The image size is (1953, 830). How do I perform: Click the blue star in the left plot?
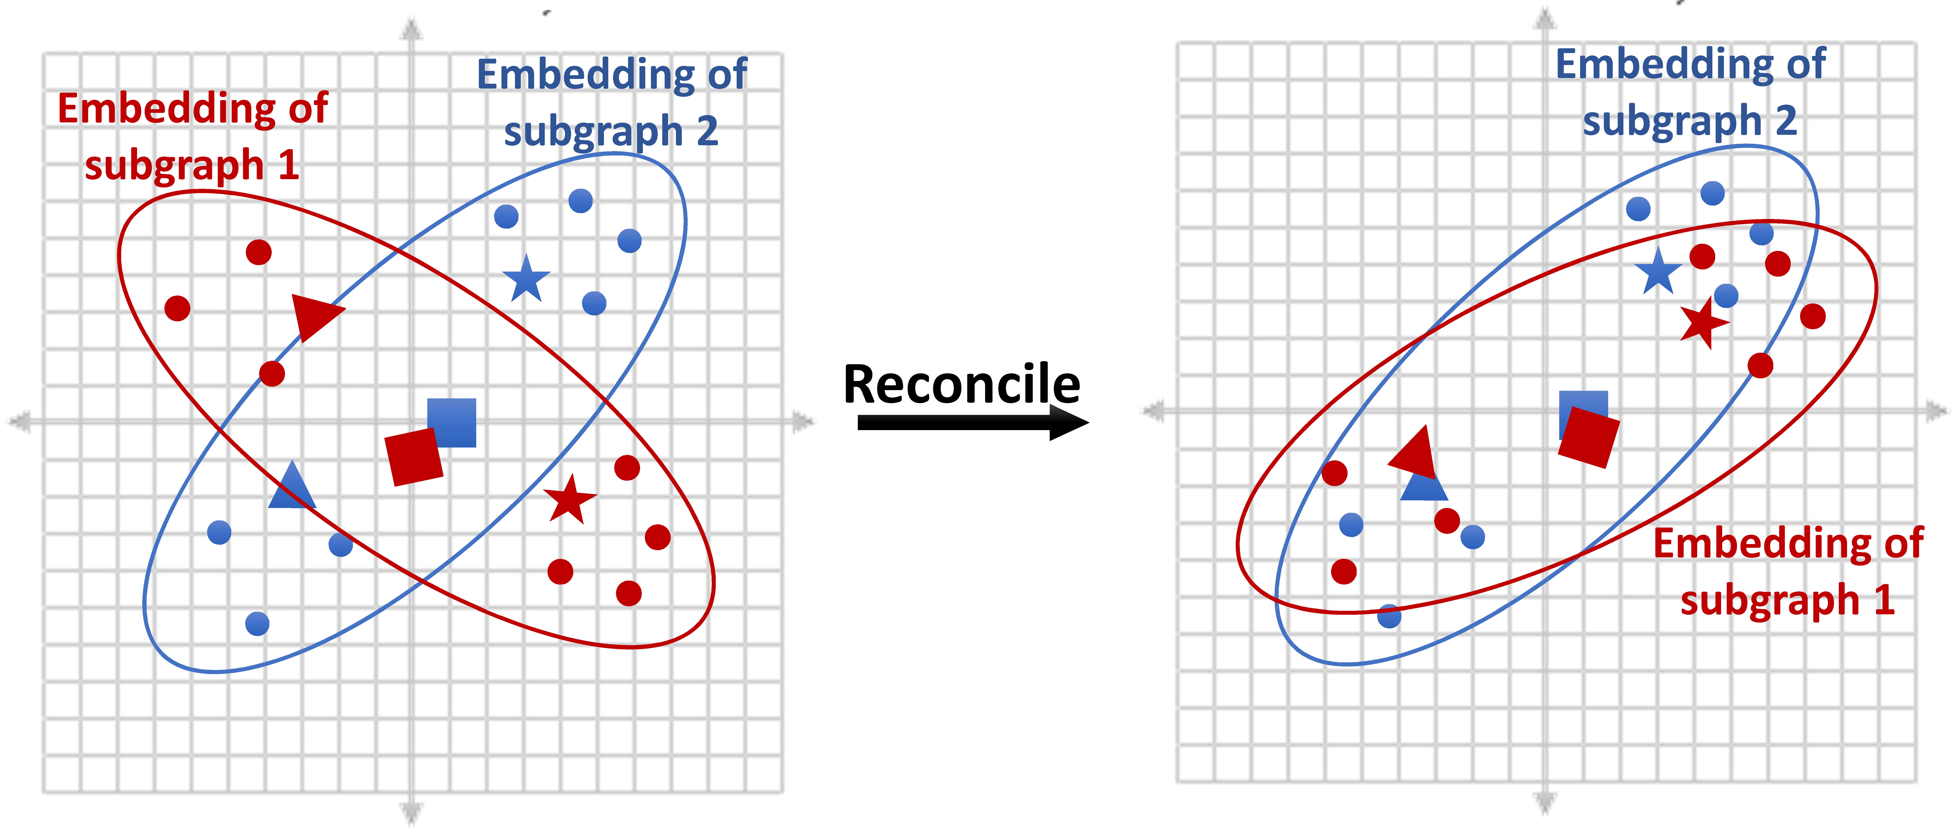pos(526,279)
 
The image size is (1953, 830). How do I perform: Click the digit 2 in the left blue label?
pos(707,131)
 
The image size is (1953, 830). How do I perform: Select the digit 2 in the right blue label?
pos(1785,121)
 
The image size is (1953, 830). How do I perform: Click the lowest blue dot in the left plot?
pos(258,624)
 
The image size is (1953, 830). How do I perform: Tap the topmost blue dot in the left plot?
pos(581,201)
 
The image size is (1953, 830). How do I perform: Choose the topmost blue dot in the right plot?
pos(1713,193)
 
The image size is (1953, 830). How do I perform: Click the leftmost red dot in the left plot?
pos(177,309)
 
